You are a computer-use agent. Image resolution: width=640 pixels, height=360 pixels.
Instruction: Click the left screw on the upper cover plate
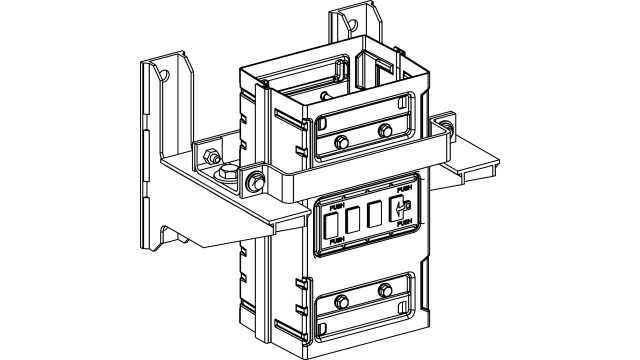(342, 141)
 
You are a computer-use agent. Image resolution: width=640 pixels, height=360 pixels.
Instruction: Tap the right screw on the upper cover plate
(386, 131)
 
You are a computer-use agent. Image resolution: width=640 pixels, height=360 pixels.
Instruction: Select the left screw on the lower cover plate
(342, 301)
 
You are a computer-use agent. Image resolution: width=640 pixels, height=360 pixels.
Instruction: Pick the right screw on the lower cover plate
(386, 291)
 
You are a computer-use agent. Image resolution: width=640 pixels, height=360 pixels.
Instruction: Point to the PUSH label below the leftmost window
(336, 241)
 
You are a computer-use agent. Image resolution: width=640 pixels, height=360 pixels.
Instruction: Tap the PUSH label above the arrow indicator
(404, 189)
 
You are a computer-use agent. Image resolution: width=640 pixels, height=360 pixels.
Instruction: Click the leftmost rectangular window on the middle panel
(330, 222)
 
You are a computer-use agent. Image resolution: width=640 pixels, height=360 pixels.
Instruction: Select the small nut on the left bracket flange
(211, 158)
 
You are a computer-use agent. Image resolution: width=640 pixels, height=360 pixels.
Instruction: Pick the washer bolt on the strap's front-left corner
(254, 183)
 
